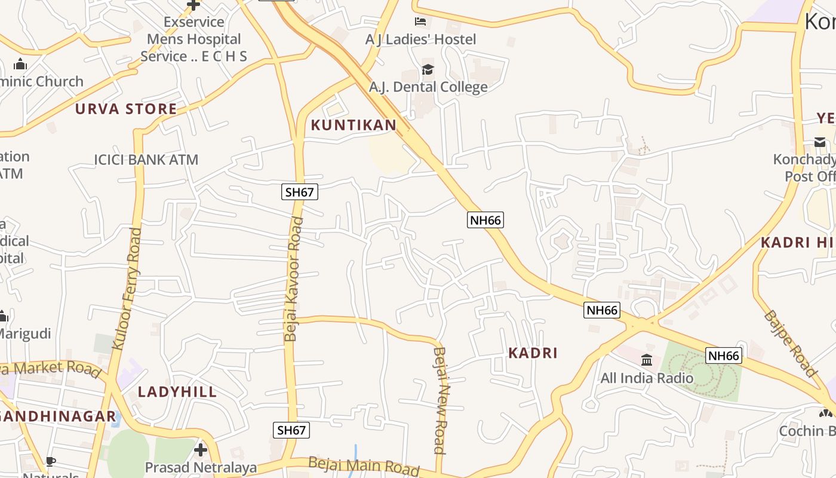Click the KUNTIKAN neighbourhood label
(x=354, y=125)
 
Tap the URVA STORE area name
(x=126, y=109)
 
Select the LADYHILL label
(x=177, y=392)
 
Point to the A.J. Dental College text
(x=428, y=87)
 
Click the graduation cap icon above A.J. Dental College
(x=428, y=70)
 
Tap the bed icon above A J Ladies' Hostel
(x=420, y=22)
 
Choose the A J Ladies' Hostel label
(x=421, y=39)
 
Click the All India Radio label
(x=647, y=378)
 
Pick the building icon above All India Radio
(x=647, y=360)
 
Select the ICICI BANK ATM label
(x=146, y=160)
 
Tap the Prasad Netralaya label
(x=201, y=467)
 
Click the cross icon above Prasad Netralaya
(x=201, y=449)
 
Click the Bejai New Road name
(x=441, y=400)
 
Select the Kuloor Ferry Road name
(x=127, y=289)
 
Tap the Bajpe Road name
(x=789, y=344)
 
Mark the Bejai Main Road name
(x=364, y=465)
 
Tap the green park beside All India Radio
(x=702, y=370)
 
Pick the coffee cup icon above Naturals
(x=51, y=461)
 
